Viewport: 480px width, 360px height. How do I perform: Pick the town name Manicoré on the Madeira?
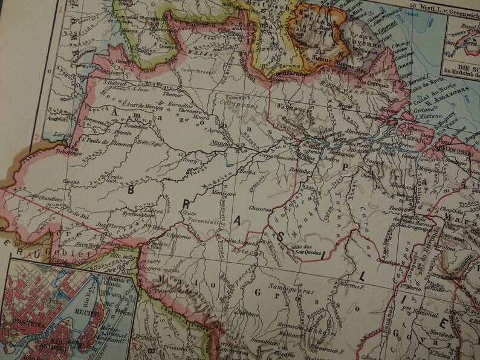(206, 193)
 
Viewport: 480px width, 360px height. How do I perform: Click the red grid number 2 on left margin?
(37, 137)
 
